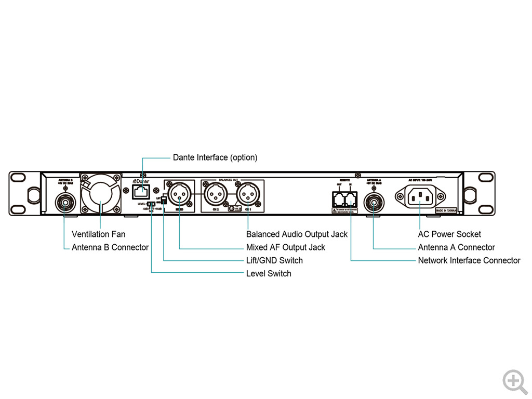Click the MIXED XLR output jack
(179, 196)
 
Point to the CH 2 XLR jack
(214, 196)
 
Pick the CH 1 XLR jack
(248, 196)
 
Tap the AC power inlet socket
(420, 196)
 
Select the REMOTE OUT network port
(339, 198)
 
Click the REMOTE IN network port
(351, 198)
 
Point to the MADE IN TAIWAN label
(446, 211)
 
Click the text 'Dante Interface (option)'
(215, 157)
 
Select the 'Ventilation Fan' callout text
(98, 234)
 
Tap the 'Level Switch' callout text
(268, 273)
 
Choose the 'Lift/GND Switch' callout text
(274, 260)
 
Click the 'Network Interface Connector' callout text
(469, 260)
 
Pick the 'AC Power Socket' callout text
(449, 234)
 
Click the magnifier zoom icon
(515, 382)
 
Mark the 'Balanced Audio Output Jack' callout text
(297, 234)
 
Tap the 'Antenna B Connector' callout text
(110, 247)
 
